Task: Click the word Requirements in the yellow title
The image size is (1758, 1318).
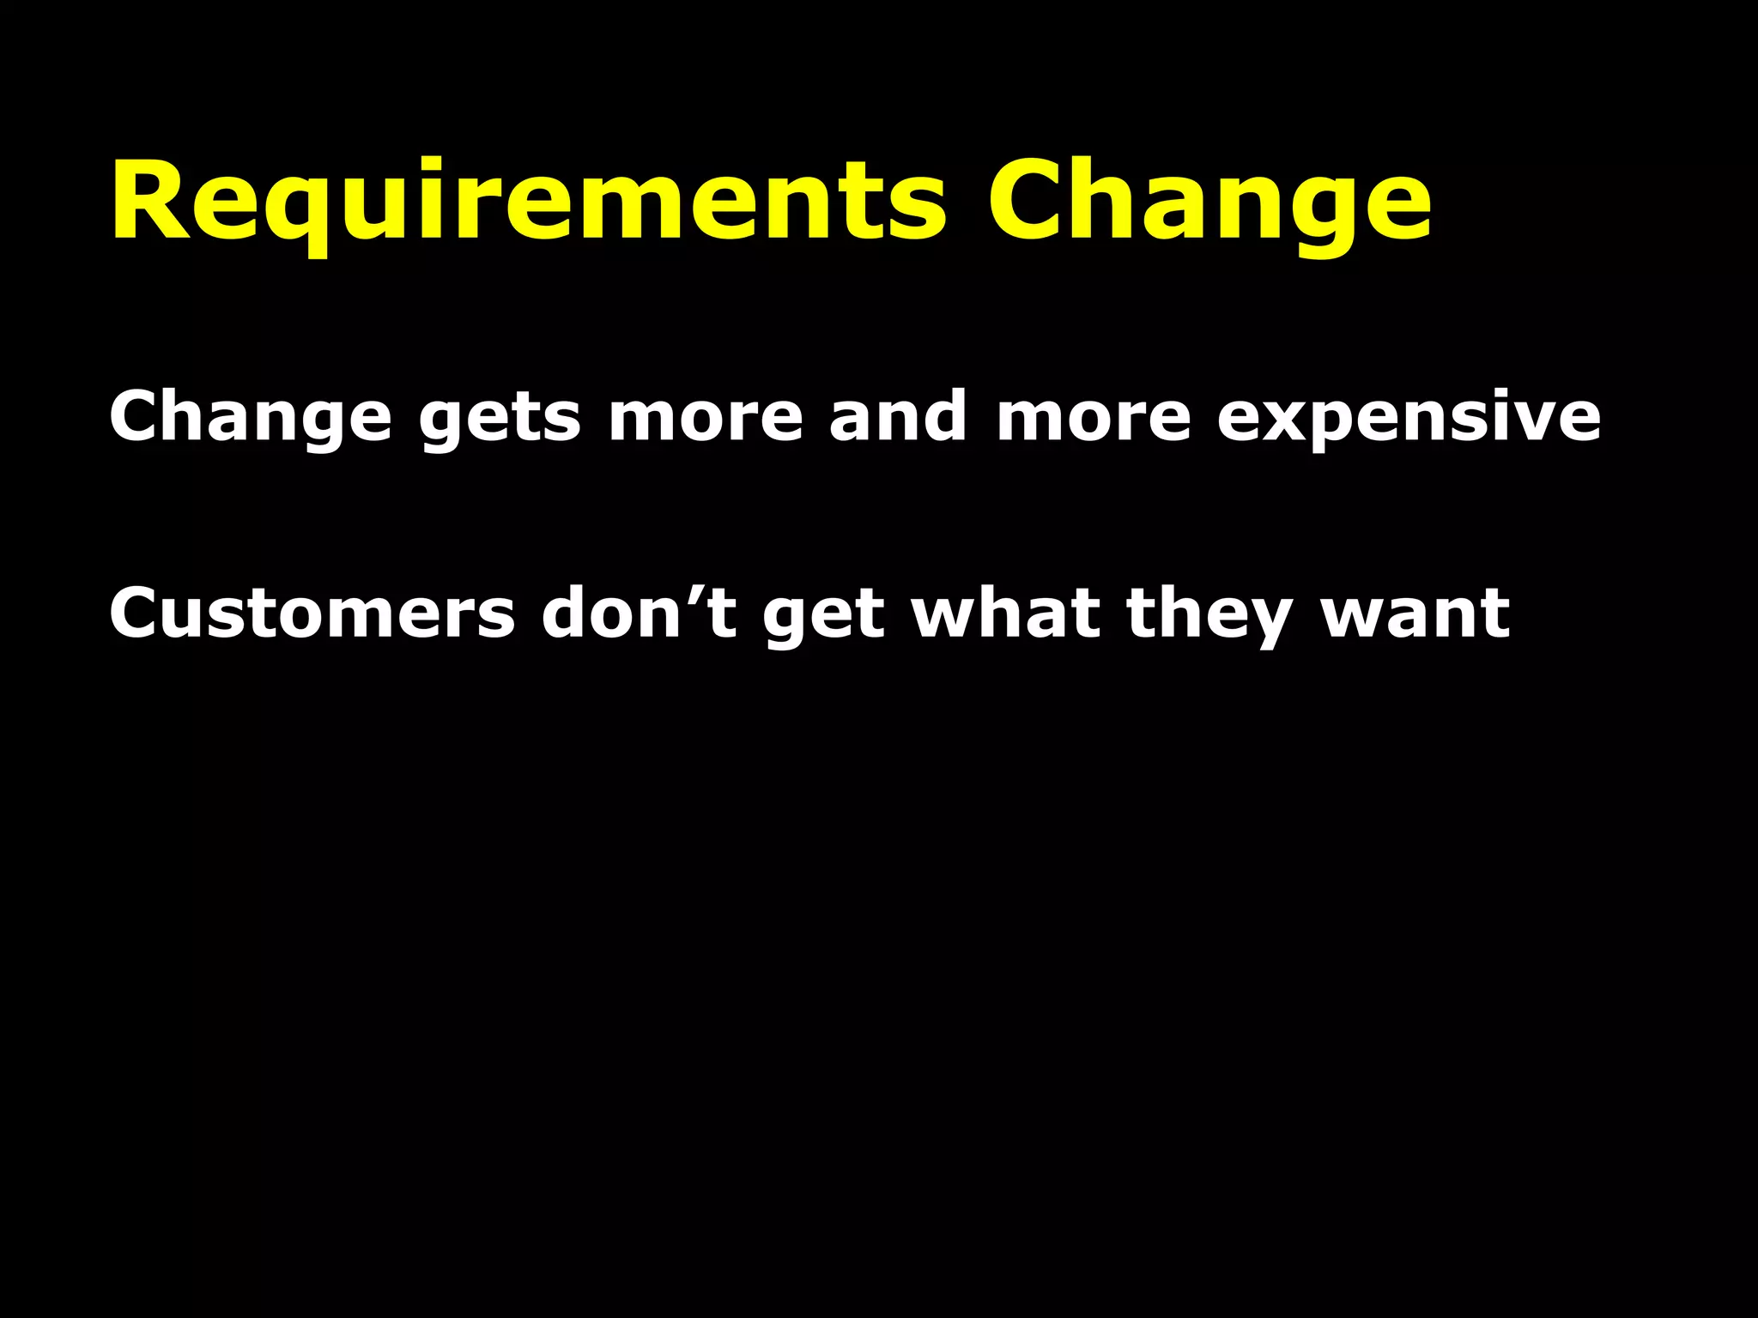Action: point(528,203)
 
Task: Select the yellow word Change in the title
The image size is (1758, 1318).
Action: point(1209,203)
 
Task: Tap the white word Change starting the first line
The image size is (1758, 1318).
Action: point(250,417)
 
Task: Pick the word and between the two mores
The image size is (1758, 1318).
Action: point(898,415)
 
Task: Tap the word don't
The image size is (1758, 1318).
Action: point(639,613)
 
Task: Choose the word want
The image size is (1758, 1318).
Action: point(1415,614)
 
